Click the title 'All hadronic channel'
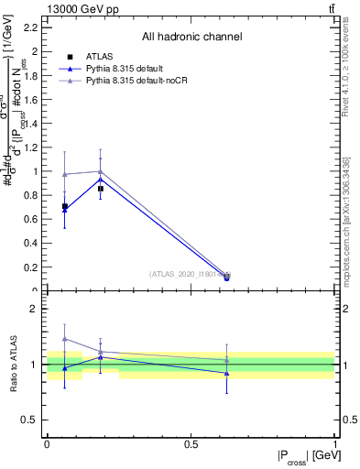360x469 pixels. click(x=191, y=38)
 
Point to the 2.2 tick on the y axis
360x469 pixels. click(x=34, y=27)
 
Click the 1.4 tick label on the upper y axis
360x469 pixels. click(x=34, y=124)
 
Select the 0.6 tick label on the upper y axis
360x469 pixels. click(x=34, y=220)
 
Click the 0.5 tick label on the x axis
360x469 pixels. click(x=191, y=444)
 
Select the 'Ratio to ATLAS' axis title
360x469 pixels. click(x=13, y=365)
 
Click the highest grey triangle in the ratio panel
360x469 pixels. click(x=64, y=339)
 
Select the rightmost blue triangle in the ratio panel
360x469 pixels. click(x=226, y=373)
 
